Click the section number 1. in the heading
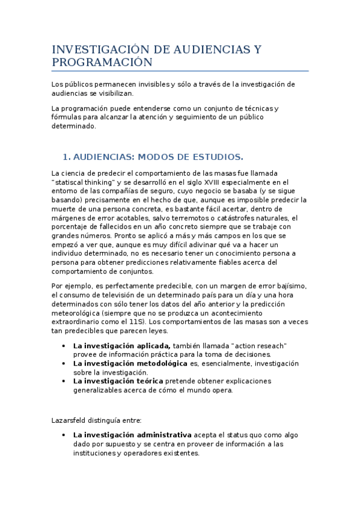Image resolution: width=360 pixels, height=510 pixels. click(67, 158)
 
